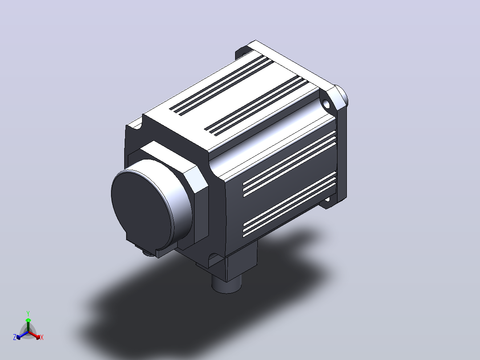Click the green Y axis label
[28, 313]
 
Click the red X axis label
[42, 337]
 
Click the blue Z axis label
[14, 337]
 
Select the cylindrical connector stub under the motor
[227, 284]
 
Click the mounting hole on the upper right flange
[326, 104]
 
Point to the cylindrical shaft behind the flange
[342, 95]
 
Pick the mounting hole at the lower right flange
[327, 200]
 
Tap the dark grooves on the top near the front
[221, 86]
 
